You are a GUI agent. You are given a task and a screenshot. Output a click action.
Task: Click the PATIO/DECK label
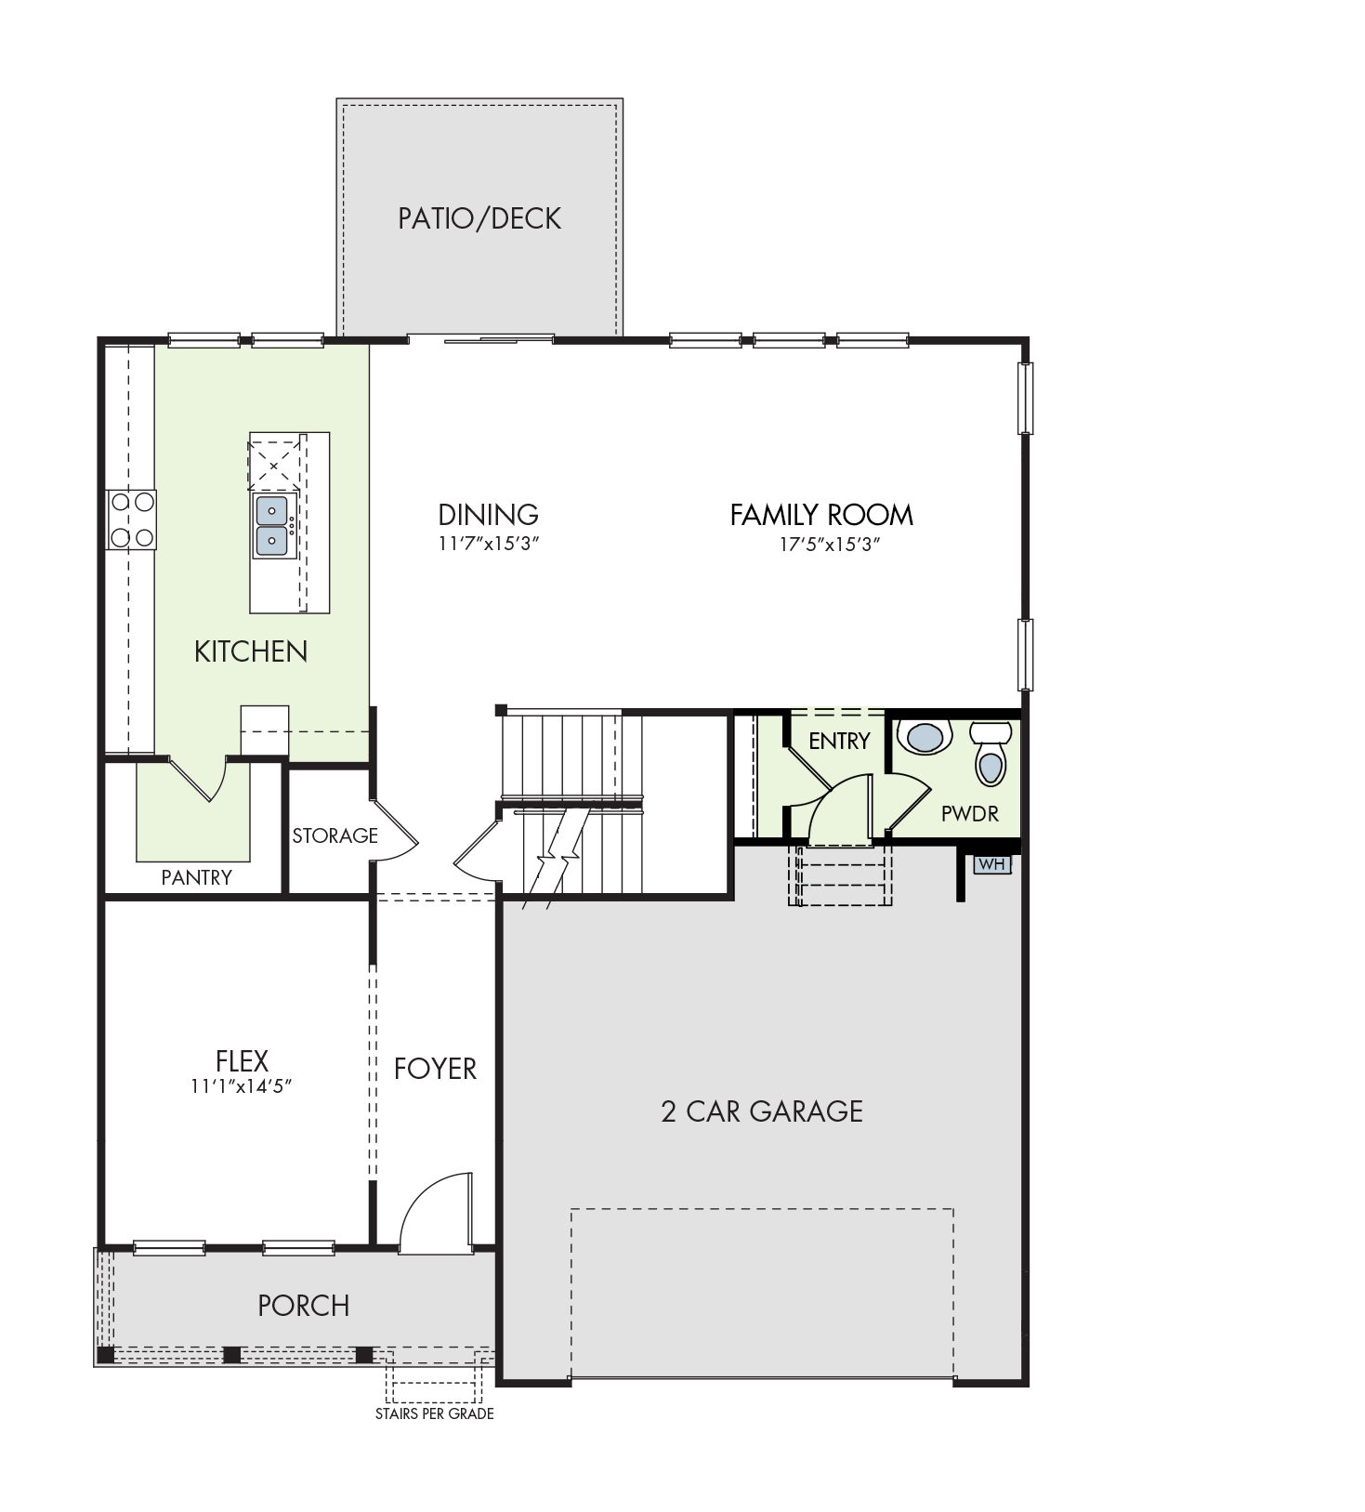pyautogui.click(x=479, y=218)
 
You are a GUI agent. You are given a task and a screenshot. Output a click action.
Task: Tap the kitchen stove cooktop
pyautogui.click(x=131, y=519)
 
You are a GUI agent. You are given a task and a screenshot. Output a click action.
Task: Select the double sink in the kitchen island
pyautogui.click(x=272, y=526)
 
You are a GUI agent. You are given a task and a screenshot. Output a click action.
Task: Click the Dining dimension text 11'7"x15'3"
pyautogui.click(x=489, y=544)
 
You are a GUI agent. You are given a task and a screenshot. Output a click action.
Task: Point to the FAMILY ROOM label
pyautogui.click(x=821, y=515)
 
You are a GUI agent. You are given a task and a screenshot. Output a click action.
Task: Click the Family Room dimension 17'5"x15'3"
pyautogui.click(x=829, y=544)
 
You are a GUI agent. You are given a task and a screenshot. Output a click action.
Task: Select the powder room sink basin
pyautogui.click(x=925, y=737)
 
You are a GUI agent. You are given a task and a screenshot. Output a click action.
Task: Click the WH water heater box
pyautogui.click(x=992, y=864)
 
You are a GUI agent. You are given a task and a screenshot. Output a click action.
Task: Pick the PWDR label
pyautogui.click(x=970, y=814)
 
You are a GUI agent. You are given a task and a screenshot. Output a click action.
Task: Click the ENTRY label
pyautogui.click(x=839, y=741)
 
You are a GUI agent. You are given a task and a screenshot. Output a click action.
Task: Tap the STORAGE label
pyautogui.click(x=335, y=835)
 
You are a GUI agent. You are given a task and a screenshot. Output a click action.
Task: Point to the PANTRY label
pyautogui.click(x=196, y=877)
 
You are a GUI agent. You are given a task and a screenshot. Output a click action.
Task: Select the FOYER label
pyautogui.click(x=435, y=1069)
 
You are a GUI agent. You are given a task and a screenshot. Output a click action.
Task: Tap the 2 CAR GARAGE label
pyautogui.click(x=762, y=1111)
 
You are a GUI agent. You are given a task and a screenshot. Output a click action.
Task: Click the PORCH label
pyautogui.click(x=304, y=1306)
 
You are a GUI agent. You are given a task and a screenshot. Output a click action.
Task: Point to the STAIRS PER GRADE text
pyautogui.click(x=435, y=1413)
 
